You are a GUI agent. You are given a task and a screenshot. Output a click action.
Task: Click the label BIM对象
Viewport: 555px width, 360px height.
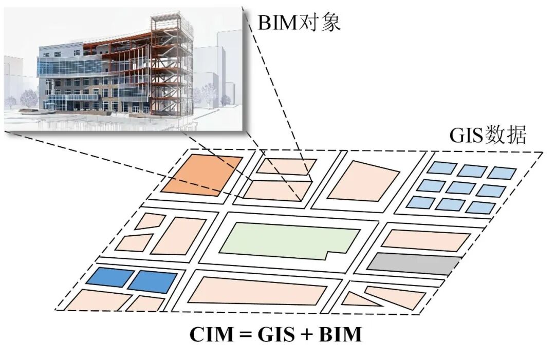(x=299, y=23)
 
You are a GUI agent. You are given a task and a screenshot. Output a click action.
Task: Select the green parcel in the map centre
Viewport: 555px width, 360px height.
(x=288, y=240)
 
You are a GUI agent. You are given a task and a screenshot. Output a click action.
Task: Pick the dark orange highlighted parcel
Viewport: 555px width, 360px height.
(x=202, y=174)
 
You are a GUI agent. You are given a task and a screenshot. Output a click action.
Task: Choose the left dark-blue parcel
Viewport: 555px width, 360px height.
(x=109, y=277)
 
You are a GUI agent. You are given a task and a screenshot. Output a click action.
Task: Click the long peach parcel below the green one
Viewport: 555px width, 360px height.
(x=257, y=290)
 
